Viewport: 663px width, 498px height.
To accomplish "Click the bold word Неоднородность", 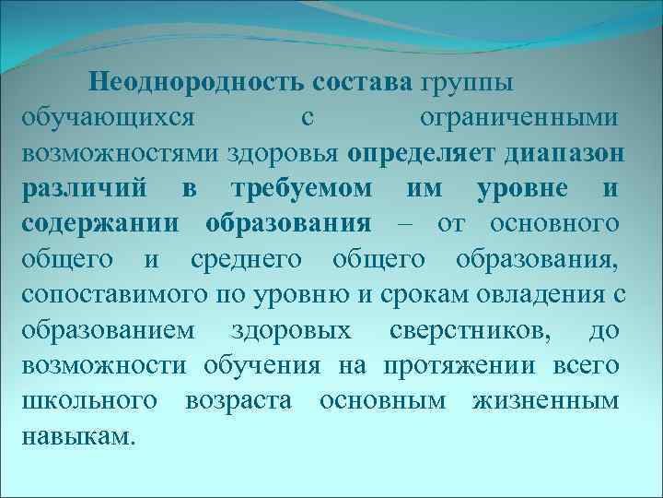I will [x=198, y=82].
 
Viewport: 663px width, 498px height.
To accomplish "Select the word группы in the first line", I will [x=469, y=82].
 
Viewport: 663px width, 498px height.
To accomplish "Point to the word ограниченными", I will [x=518, y=118].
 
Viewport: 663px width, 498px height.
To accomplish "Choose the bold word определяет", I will [x=422, y=153].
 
